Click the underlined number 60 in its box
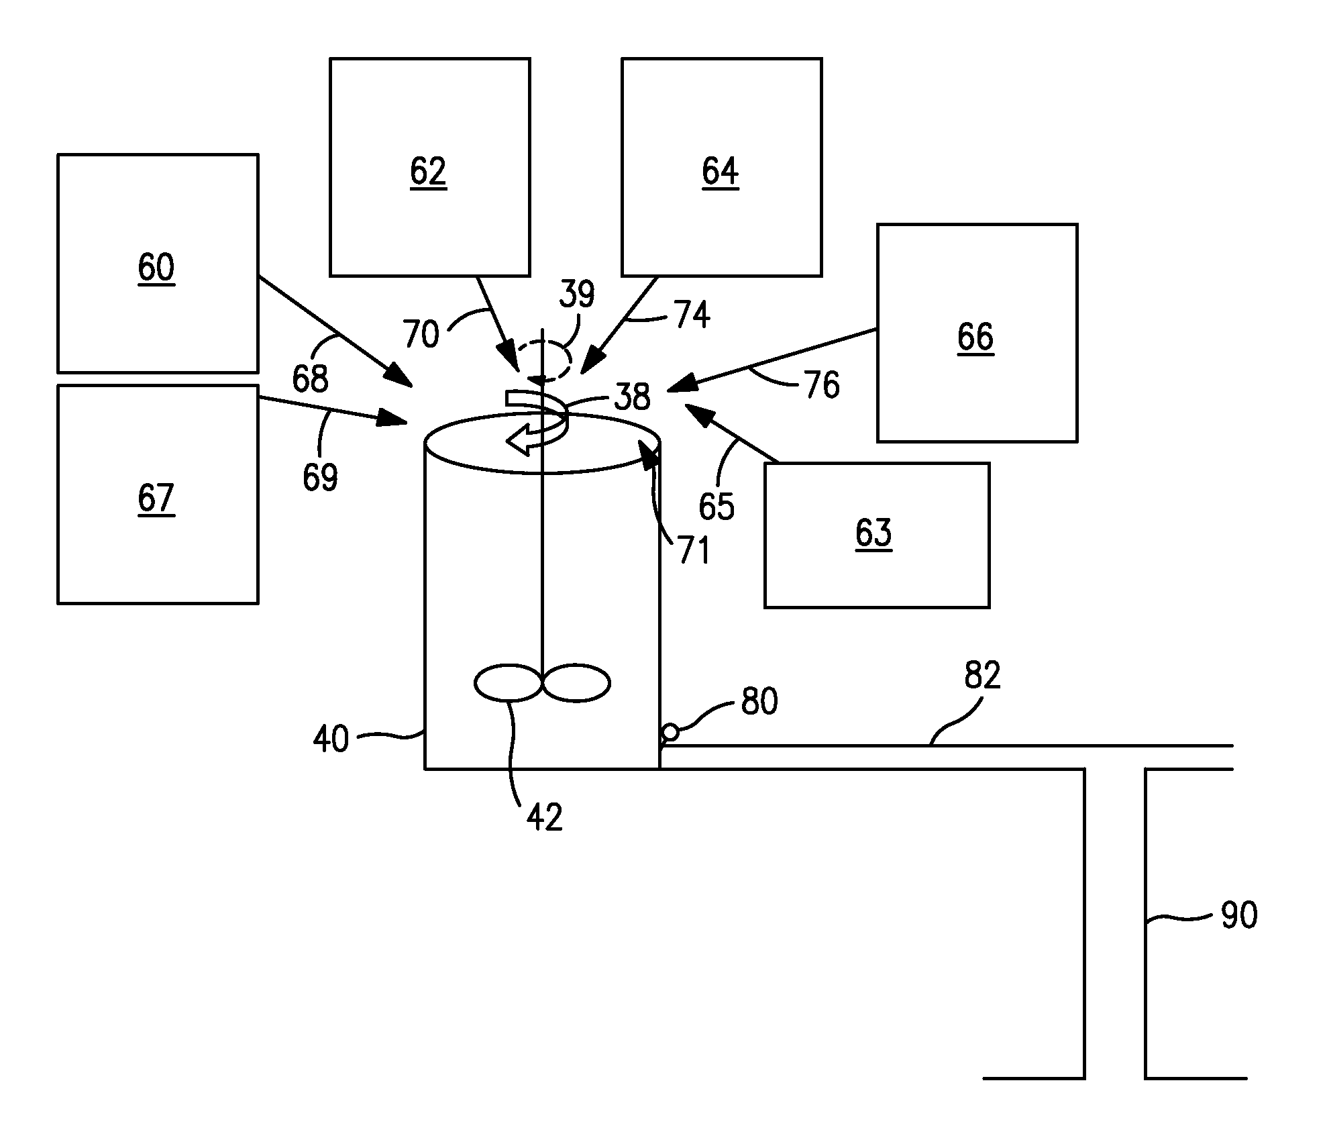[x=156, y=267]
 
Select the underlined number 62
[x=428, y=171]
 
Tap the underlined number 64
[x=720, y=171]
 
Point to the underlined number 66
[x=975, y=337]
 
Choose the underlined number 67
[x=156, y=498]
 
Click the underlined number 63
[x=873, y=533]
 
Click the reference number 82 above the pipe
[x=982, y=675]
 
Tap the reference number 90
[x=1238, y=915]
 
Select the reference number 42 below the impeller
[x=543, y=817]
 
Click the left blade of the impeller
[x=508, y=683]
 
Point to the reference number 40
[x=331, y=739]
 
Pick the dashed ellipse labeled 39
[x=545, y=361]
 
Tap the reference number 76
[x=820, y=385]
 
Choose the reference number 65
[x=716, y=506]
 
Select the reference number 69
[x=320, y=477]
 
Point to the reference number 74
[x=692, y=315]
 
